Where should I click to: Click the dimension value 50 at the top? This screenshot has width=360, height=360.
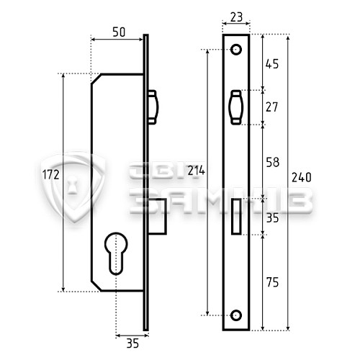120,32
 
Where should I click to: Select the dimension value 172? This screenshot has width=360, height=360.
50,175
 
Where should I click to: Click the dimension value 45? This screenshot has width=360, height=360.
272,64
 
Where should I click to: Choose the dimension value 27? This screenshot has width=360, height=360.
272,107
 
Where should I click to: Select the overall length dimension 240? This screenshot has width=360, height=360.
302,177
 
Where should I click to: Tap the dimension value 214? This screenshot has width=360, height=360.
196,171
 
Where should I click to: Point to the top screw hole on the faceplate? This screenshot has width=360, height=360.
236,50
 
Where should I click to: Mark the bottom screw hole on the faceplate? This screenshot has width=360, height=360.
236,314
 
